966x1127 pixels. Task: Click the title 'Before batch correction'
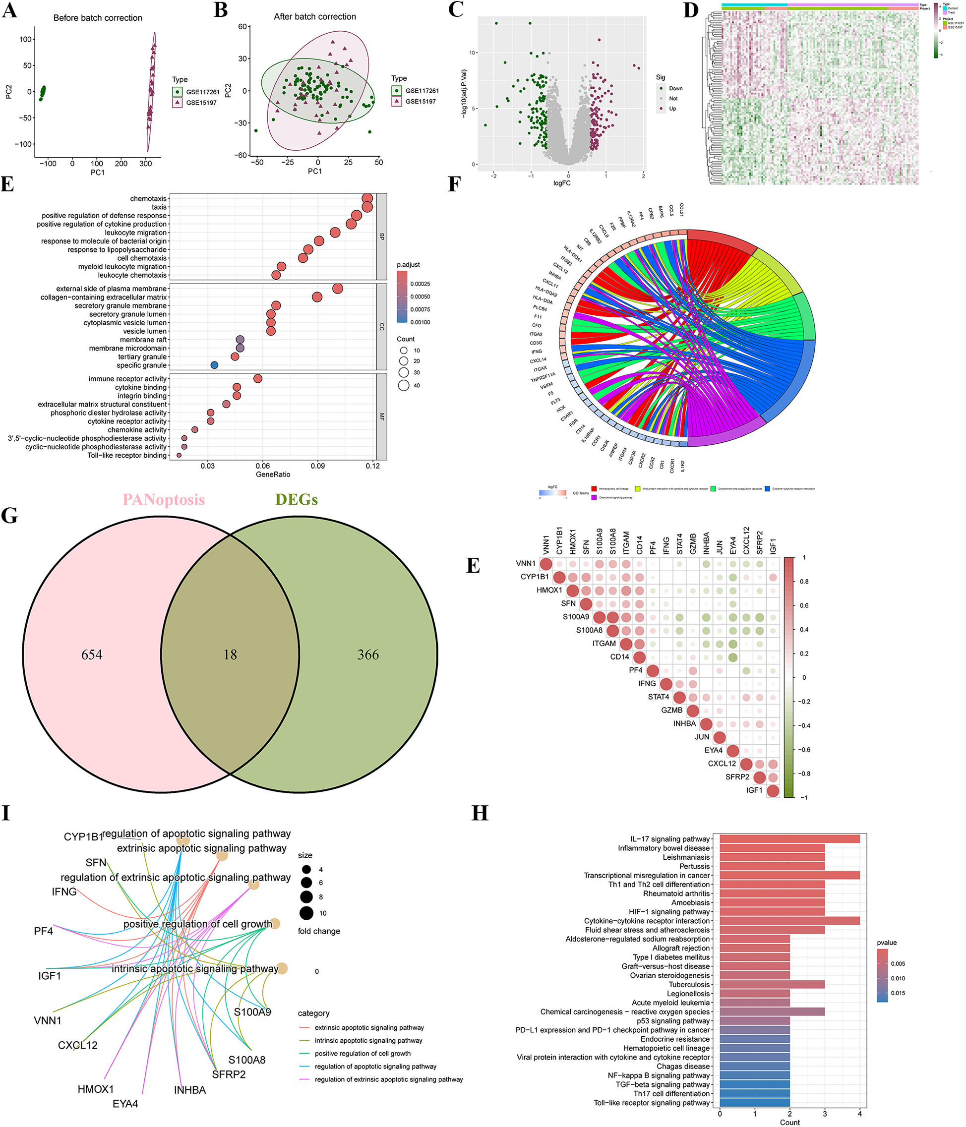pyautogui.click(x=97, y=18)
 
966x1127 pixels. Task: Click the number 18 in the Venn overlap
pyautogui.click(x=230, y=654)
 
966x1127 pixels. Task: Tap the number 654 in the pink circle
pyautogui.click(x=91, y=654)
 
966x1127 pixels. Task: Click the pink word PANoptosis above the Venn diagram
pyautogui.click(x=164, y=499)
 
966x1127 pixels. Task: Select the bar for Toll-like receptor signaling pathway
pyautogui.click(x=754, y=1103)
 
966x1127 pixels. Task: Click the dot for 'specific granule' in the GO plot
pyautogui.click(x=214, y=365)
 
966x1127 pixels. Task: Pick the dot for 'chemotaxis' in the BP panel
pyautogui.click(x=367, y=198)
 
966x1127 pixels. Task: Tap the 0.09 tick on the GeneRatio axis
pyautogui.click(x=318, y=466)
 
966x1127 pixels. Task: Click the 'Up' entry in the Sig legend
pyautogui.click(x=672, y=109)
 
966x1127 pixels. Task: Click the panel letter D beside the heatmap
pyautogui.click(x=690, y=10)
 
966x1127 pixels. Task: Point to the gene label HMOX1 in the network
pyautogui.click(x=96, y=1089)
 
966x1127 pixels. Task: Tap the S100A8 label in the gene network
pyautogui.click(x=247, y=1060)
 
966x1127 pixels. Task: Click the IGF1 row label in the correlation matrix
pyautogui.click(x=754, y=790)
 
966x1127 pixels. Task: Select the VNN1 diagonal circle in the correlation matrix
pyautogui.click(x=545, y=563)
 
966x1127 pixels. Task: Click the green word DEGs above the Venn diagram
pyautogui.click(x=297, y=499)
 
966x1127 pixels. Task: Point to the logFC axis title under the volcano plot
pyautogui.click(x=562, y=183)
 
